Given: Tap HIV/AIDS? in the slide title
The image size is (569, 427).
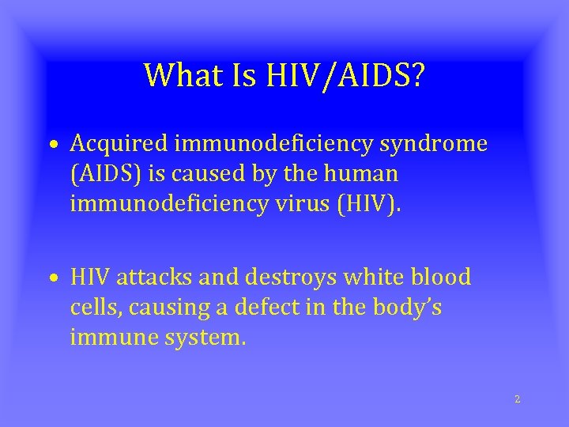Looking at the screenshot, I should click(x=347, y=76).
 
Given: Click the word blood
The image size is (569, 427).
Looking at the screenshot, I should click(x=442, y=278).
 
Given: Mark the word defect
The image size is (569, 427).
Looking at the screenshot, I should click(x=226, y=308).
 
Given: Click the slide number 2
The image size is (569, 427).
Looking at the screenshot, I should click(x=518, y=399).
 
